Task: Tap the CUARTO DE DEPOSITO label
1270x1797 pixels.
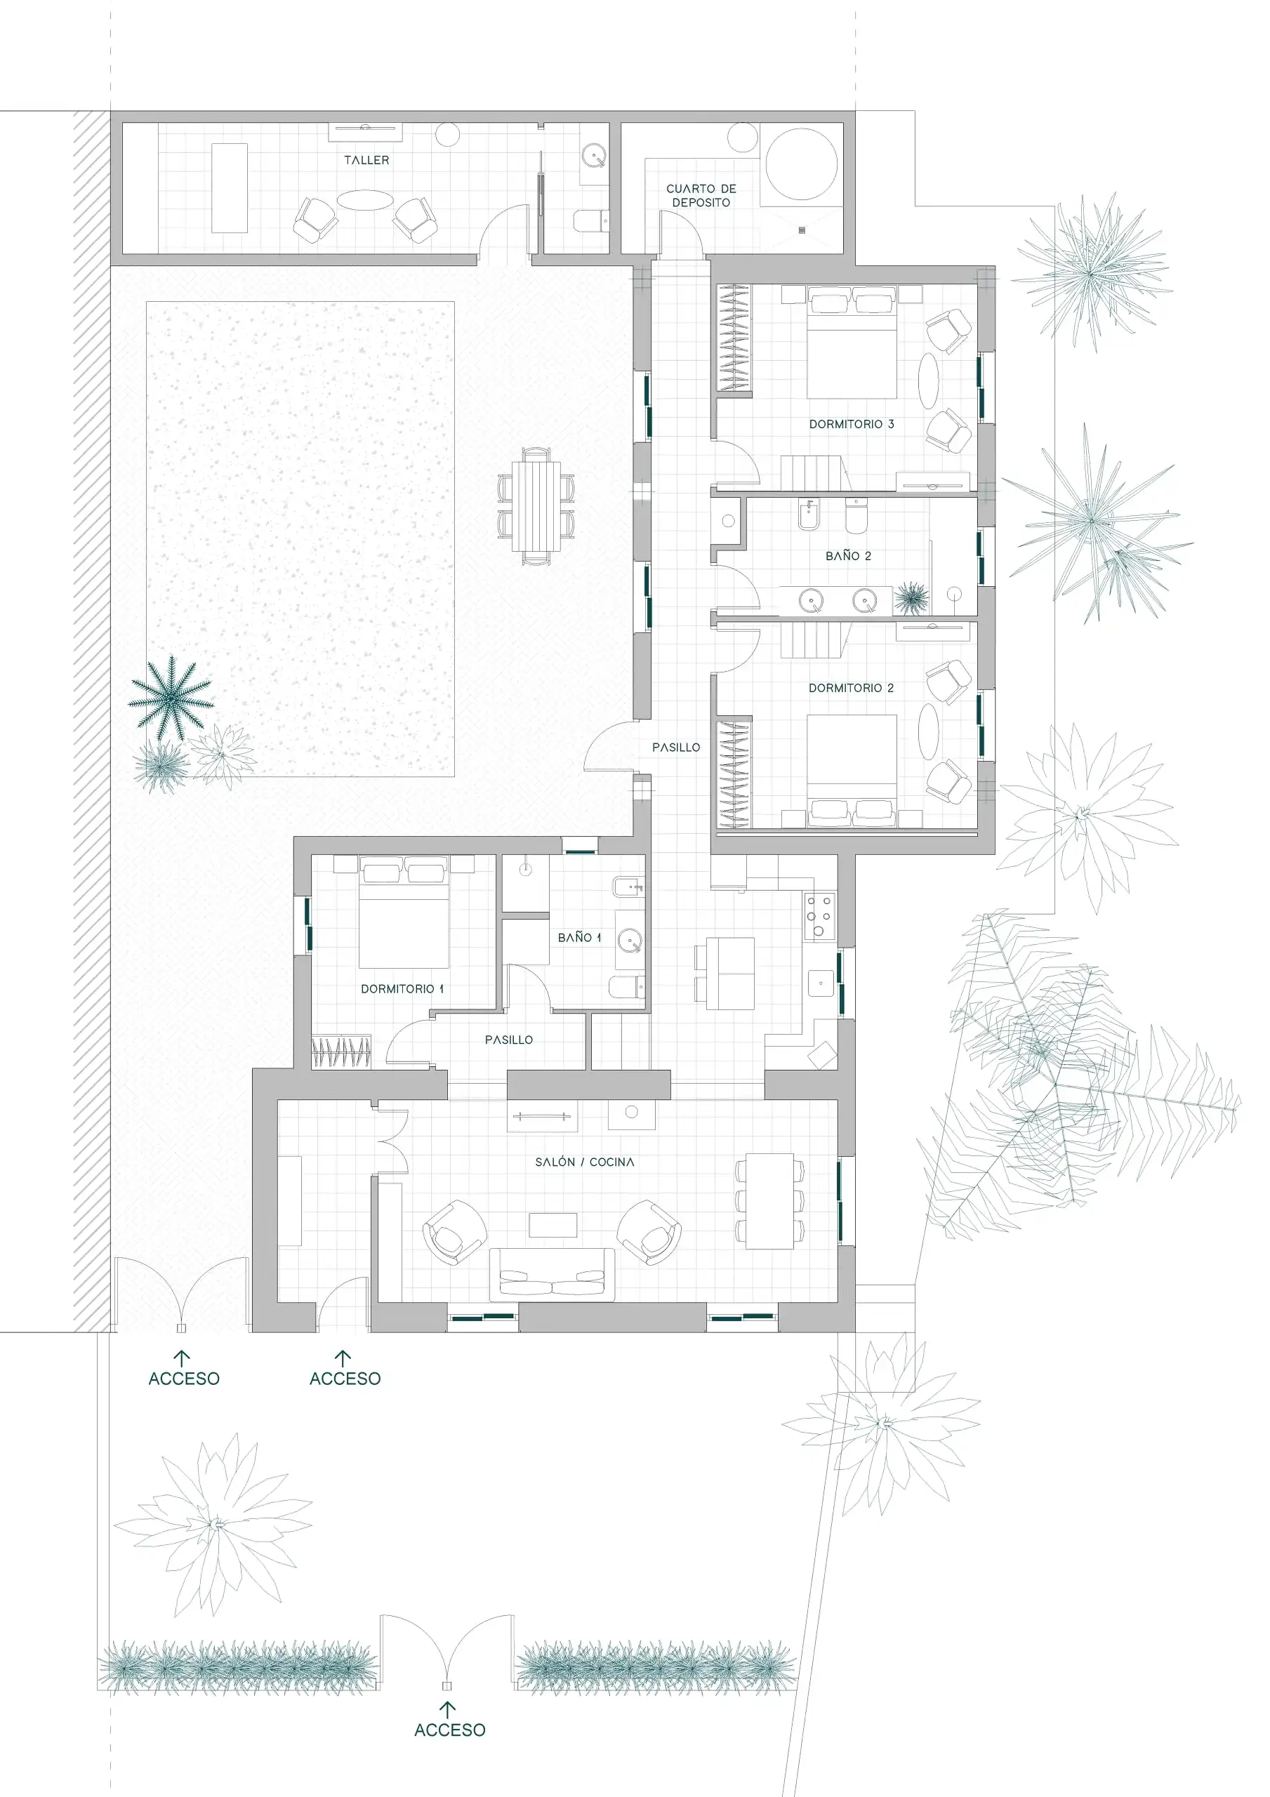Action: tap(701, 196)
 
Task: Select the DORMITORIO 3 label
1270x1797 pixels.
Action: tap(851, 424)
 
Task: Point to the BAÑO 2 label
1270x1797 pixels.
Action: tap(848, 556)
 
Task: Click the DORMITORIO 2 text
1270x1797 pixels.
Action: tap(851, 688)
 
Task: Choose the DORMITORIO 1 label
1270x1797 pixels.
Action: tap(402, 989)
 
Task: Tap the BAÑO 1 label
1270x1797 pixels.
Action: tap(579, 937)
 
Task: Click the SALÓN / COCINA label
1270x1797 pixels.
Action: tap(585, 1162)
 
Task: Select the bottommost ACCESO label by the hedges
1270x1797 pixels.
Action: tap(449, 1730)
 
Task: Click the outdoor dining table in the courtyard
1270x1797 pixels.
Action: tap(536, 506)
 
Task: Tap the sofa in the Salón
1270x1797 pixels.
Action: tap(552, 1274)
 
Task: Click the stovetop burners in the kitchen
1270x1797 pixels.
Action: tap(819, 916)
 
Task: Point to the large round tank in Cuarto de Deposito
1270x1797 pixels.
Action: tap(801, 164)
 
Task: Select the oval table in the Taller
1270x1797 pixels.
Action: tap(365, 200)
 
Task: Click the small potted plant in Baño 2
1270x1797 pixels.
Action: tap(911, 598)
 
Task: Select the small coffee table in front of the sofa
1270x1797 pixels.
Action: tap(553, 1225)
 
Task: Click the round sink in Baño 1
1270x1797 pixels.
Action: tap(630, 939)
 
